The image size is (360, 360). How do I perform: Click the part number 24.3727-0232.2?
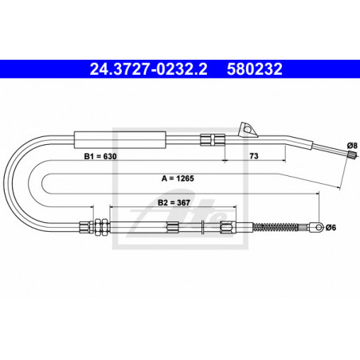[x=148, y=69]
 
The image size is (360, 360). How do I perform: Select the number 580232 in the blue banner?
[x=254, y=69]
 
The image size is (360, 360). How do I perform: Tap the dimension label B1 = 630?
[x=100, y=156]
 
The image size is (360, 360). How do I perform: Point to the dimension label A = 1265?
[x=178, y=178]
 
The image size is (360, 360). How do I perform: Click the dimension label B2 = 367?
[x=174, y=203]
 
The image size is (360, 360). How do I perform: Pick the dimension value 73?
[x=254, y=156]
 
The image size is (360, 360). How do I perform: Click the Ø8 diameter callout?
[x=352, y=146]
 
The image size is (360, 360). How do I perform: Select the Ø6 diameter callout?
[x=331, y=228]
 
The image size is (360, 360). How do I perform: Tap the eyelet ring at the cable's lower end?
[x=319, y=227]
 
